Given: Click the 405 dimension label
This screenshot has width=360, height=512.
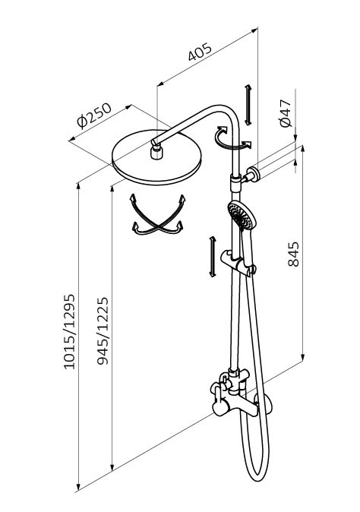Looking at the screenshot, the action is point(200,52).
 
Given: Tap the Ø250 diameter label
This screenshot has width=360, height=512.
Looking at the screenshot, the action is point(94,115).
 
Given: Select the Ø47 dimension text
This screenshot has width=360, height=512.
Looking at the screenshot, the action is point(285,113).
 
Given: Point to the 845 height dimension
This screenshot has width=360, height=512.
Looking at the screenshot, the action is point(294,254).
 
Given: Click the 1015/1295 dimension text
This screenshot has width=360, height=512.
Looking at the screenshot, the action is point(69,332).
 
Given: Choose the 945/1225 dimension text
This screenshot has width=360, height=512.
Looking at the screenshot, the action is point(103,330).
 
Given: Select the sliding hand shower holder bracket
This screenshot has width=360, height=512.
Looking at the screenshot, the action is point(238,261).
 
